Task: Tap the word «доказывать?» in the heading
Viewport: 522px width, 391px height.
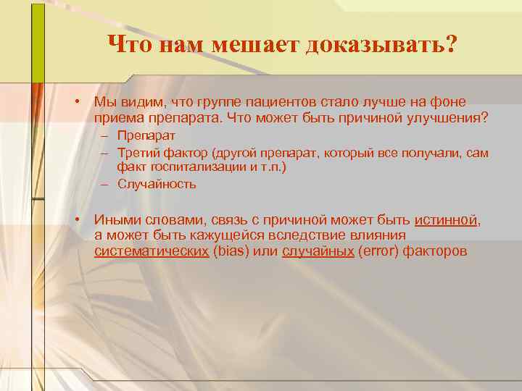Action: (x=381, y=46)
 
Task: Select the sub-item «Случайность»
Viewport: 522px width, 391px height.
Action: (x=157, y=184)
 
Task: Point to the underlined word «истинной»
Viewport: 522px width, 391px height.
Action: (x=446, y=219)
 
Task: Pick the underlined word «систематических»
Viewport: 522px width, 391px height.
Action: (x=152, y=251)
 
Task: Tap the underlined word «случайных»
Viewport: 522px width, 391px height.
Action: (x=318, y=251)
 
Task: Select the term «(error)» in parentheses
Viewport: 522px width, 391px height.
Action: (x=380, y=251)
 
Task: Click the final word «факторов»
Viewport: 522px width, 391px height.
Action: (x=438, y=251)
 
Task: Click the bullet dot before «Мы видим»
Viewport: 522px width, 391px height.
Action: (x=76, y=101)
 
